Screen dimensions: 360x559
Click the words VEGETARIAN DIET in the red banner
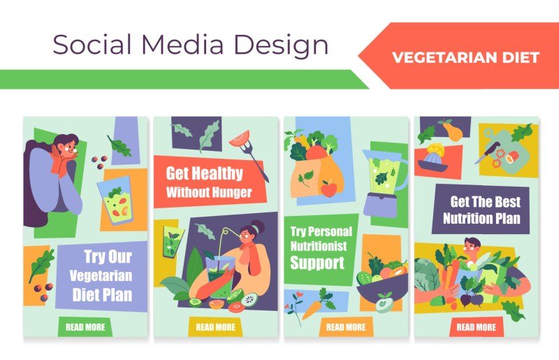pos(466,57)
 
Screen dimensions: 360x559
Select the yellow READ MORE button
pos(215,326)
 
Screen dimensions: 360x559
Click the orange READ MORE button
pos(345,326)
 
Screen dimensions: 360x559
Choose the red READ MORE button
pos(476,326)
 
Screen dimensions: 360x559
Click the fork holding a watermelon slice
pos(249,148)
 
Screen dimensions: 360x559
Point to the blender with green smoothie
pos(382,182)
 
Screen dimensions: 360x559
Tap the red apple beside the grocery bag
pos(328,188)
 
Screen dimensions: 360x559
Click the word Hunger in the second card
pos(228,192)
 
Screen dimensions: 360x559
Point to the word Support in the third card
pos(317,264)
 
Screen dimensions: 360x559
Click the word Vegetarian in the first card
pos(101,277)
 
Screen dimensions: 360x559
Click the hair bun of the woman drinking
pos(259,226)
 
